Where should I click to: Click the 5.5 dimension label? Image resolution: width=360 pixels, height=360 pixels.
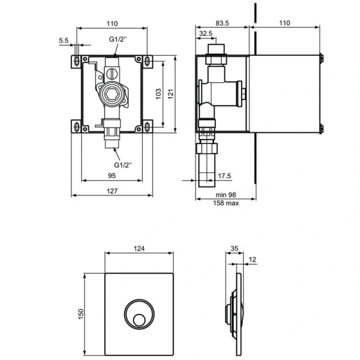(x=64, y=40)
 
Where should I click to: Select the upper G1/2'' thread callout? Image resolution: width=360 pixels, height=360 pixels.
(x=117, y=40)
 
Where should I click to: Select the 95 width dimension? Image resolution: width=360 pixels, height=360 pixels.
(x=112, y=176)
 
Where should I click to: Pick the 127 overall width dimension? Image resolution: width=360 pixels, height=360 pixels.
(x=111, y=191)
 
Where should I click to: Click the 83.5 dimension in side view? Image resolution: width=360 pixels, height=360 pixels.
(x=223, y=23)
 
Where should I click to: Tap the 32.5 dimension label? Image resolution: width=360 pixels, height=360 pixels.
(x=206, y=34)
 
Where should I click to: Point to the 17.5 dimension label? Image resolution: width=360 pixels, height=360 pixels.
(x=225, y=176)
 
